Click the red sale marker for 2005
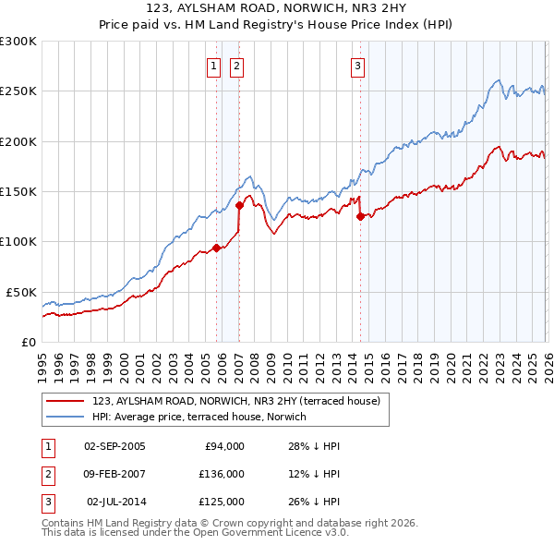(x=216, y=248)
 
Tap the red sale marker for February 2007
(x=239, y=205)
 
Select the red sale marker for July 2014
(x=360, y=216)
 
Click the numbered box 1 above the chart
(x=214, y=66)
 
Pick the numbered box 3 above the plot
(x=357, y=66)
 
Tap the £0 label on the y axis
(x=28, y=342)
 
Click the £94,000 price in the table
(x=223, y=446)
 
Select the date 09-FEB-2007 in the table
(x=114, y=474)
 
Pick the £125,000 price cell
(x=223, y=502)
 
